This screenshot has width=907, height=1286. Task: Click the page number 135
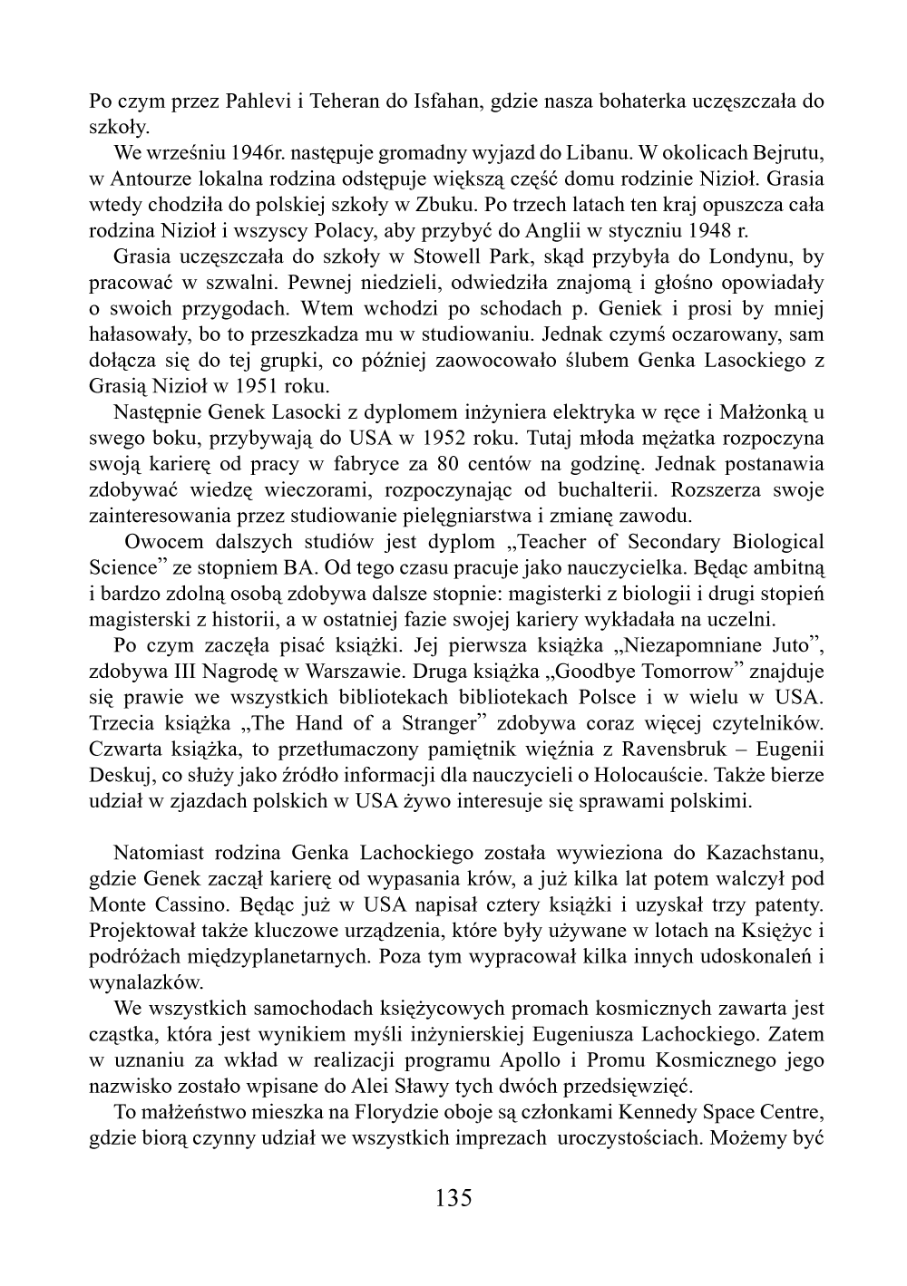(x=453, y=1198)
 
